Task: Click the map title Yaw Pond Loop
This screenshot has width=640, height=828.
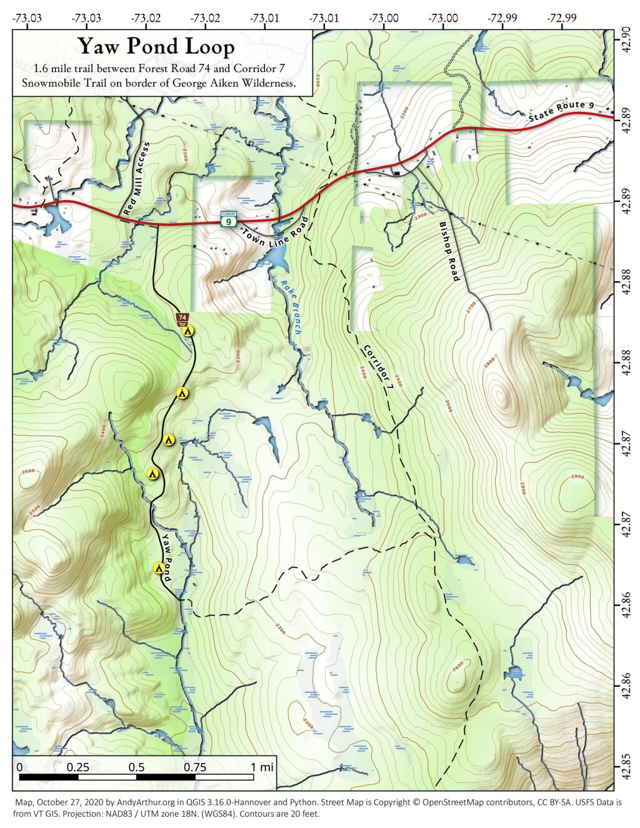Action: pyautogui.click(x=156, y=46)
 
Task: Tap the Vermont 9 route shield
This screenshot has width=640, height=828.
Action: pyautogui.click(x=230, y=219)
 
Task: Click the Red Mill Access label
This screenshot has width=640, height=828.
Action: pyautogui.click(x=137, y=179)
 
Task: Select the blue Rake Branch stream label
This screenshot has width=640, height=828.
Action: pyautogui.click(x=290, y=308)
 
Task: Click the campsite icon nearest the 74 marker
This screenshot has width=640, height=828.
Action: pyautogui.click(x=189, y=331)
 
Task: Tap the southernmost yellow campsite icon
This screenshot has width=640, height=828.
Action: pyautogui.click(x=159, y=568)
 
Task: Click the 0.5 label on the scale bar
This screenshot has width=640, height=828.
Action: pyautogui.click(x=137, y=767)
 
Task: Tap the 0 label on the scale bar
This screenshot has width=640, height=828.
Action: pyautogui.click(x=19, y=767)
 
